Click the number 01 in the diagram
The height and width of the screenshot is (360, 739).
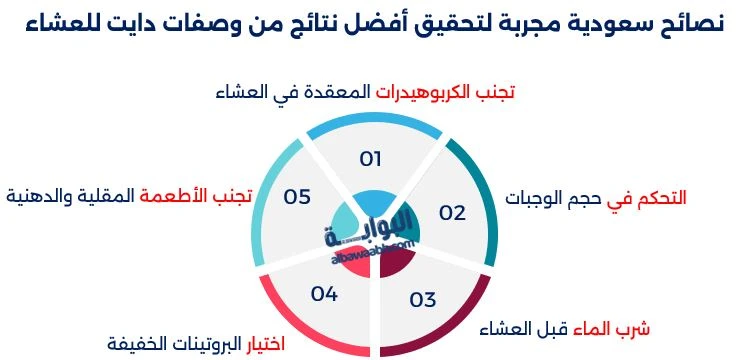(371, 158)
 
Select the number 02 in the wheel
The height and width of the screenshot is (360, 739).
(453, 212)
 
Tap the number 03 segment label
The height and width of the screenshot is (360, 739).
(423, 299)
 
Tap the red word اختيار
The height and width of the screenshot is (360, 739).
(265, 344)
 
